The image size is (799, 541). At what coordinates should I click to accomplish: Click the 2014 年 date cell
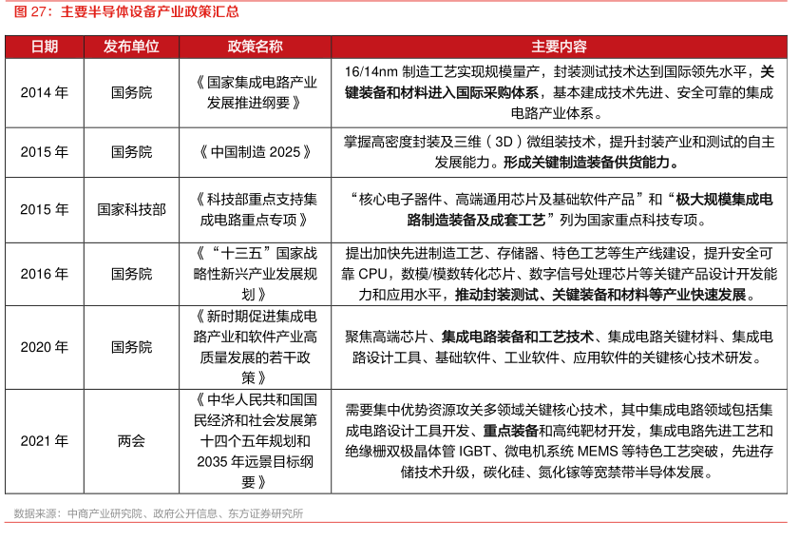(44, 92)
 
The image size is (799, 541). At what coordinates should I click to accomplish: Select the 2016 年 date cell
(44, 274)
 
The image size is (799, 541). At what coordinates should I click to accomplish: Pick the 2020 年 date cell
(44, 347)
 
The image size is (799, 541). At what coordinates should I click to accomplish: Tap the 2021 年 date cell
(44, 441)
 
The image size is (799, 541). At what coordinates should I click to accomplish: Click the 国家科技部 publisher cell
(131, 209)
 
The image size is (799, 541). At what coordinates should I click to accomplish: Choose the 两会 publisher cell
(131, 441)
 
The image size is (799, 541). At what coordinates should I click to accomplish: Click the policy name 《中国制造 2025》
(255, 151)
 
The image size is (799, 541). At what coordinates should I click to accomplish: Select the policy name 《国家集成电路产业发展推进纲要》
(255, 92)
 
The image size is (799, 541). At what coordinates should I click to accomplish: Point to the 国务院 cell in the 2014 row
(131, 92)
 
